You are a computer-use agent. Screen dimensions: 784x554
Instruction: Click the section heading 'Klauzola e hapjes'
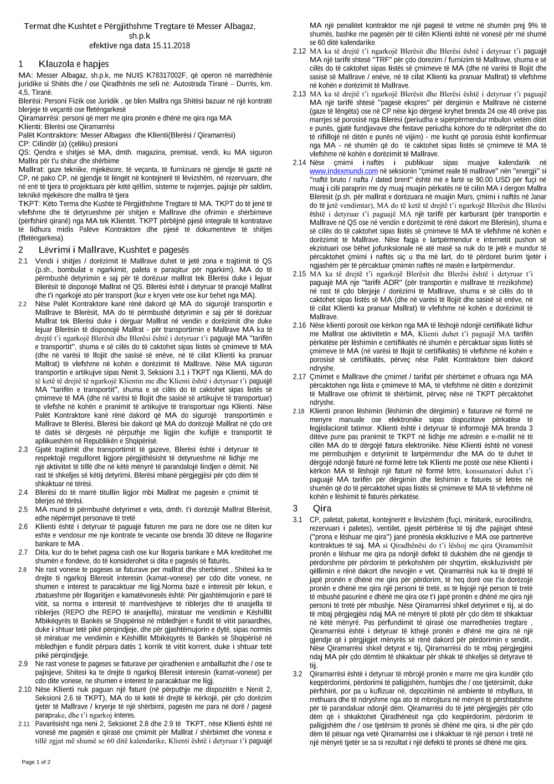[x=74, y=64]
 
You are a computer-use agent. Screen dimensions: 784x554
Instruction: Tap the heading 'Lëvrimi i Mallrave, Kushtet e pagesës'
[x=114, y=250]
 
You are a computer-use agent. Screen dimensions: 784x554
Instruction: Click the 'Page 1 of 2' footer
[x=36, y=762]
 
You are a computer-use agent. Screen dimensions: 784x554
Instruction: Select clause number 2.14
[x=299, y=163]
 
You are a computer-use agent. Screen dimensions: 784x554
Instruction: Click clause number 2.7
[x=23, y=552]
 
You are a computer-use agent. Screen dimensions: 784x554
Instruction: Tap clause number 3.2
[x=298, y=674]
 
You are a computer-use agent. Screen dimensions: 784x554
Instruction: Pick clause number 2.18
[x=299, y=411]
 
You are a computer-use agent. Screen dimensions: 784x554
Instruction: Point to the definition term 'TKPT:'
[x=29, y=203]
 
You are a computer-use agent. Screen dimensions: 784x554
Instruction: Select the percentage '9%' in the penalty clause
[x=533, y=25]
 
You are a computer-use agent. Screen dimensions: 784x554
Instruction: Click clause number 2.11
[x=24, y=724]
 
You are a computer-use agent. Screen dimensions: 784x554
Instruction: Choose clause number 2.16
[x=299, y=325]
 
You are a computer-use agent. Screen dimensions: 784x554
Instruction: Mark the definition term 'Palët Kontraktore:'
[x=48, y=135]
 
